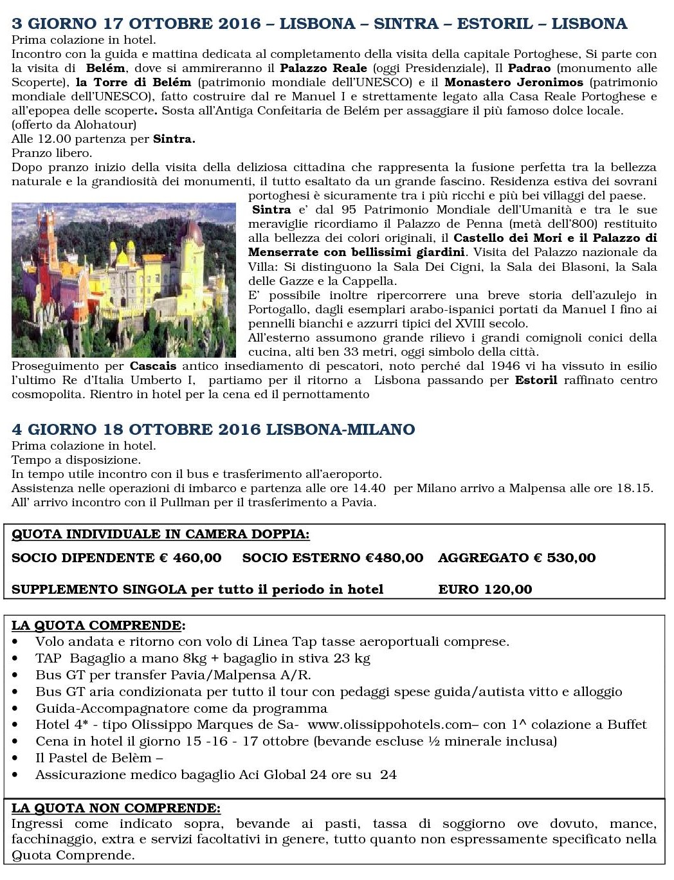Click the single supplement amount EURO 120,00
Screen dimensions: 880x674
click(x=485, y=589)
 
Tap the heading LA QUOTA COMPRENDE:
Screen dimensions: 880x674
click(x=98, y=625)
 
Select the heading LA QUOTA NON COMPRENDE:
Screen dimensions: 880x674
click(x=116, y=808)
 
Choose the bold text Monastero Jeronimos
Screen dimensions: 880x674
click(x=513, y=82)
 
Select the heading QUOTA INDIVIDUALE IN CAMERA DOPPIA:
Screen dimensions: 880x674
click(x=160, y=534)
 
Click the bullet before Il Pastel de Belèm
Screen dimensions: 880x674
click(x=15, y=759)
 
